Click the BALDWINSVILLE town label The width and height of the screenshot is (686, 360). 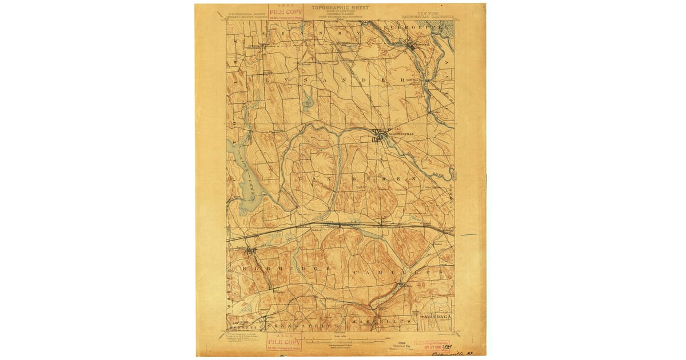[397, 134]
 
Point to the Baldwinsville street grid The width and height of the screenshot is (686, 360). [379, 137]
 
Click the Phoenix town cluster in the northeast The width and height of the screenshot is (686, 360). [413, 45]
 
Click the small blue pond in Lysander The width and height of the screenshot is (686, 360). [308, 101]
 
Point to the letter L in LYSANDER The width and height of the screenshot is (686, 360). [267, 81]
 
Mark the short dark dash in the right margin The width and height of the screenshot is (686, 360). [469, 234]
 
